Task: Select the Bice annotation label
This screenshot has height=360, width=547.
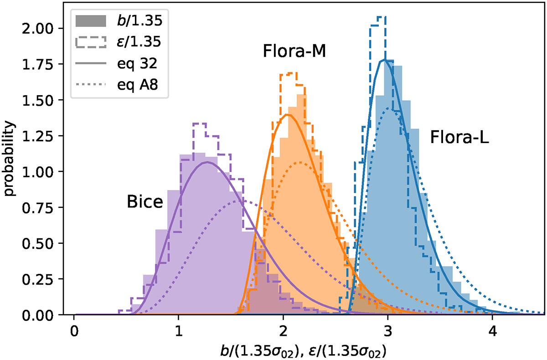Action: coord(144,202)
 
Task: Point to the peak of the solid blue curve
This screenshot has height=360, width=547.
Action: coord(386,60)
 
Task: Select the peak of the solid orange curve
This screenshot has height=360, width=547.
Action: coord(288,114)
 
